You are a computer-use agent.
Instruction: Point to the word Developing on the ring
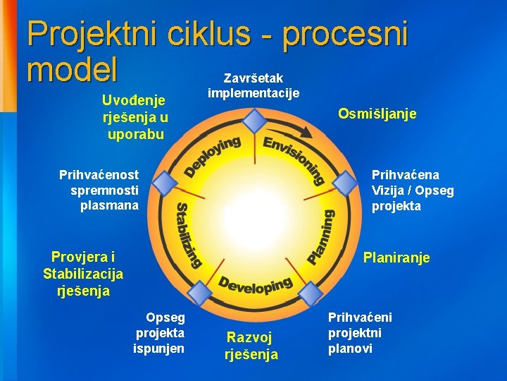[255, 284]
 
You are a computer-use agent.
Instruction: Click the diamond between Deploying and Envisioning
[255, 121]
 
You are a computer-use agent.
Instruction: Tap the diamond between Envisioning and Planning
[344, 185]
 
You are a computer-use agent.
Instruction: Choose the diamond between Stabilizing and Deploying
[165, 184]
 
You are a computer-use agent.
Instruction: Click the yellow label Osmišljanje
[377, 114]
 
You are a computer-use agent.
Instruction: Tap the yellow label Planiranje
[396, 258]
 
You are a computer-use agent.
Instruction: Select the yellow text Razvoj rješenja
[251, 346]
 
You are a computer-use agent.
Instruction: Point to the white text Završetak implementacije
[253, 85]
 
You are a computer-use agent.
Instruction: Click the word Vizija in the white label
[386, 190]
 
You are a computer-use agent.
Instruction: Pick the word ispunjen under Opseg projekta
[159, 348]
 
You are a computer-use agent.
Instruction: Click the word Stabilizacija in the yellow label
[83, 273]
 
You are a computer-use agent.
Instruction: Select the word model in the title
[71, 70]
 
